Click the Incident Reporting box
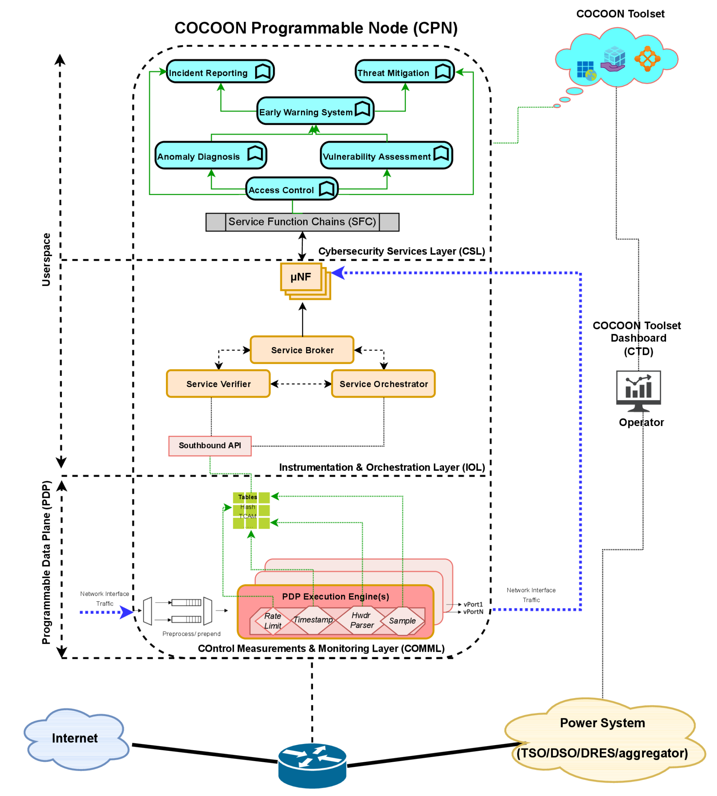(220, 72)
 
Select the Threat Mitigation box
(405, 72)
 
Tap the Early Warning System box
(315, 111)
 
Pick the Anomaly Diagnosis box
(211, 155)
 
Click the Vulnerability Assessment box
(386, 155)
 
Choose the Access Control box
(292, 189)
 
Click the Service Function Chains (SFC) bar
(302, 222)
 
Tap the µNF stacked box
(301, 277)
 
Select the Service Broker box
(302, 350)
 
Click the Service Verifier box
(218, 384)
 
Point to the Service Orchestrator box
(383, 384)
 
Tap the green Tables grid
(251, 510)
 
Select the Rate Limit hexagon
(273, 621)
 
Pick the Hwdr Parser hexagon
(362, 620)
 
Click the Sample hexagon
(402, 621)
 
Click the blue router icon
(312, 765)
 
